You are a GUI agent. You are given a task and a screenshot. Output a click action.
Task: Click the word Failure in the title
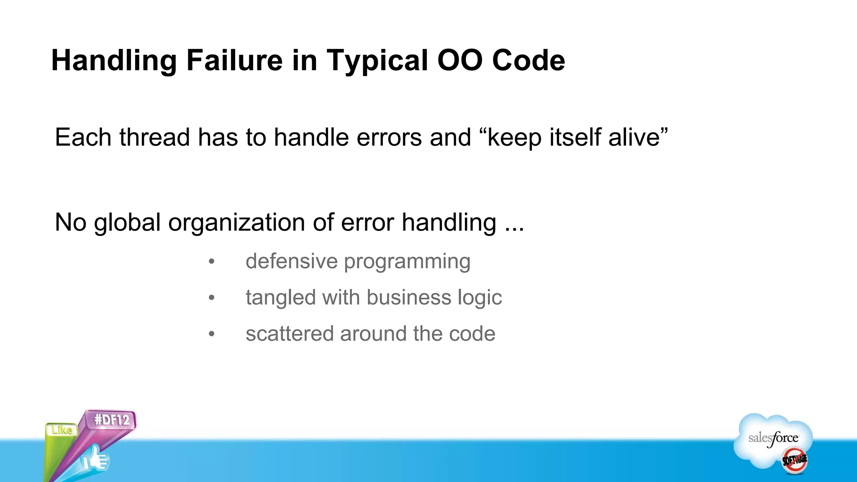click(x=234, y=60)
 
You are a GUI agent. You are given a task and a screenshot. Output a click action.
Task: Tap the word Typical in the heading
click(x=377, y=61)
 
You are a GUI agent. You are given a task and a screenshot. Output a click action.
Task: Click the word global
click(x=127, y=223)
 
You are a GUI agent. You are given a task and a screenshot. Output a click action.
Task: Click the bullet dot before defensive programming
click(x=212, y=262)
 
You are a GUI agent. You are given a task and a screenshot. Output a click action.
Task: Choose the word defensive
click(x=291, y=261)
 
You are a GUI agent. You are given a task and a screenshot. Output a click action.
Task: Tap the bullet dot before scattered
click(x=212, y=334)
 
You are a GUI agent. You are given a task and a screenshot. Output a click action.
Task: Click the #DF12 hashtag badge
click(x=112, y=420)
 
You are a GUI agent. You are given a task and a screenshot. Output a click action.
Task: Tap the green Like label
click(x=62, y=430)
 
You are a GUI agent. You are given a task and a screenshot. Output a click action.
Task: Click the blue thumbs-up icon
click(x=95, y=459)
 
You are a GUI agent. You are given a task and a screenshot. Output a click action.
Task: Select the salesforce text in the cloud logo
click(x=773, y=438)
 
